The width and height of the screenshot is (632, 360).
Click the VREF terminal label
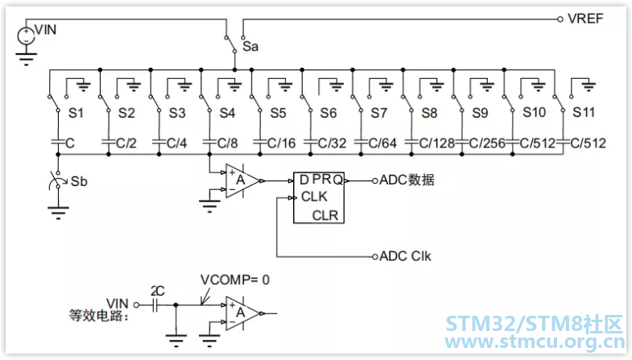[585, 19]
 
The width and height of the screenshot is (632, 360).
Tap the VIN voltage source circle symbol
[27, 36]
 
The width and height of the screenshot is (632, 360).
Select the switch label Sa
[250, 47]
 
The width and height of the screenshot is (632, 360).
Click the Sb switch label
[79, 181]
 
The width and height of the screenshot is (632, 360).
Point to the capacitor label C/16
[281, 143]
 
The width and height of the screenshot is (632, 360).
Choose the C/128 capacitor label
[436, 143]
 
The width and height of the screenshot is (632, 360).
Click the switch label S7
[379, 113]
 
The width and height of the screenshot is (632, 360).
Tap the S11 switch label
[584, 112]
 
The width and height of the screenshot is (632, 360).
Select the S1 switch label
[76, 113]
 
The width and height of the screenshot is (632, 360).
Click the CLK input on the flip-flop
[314, 197]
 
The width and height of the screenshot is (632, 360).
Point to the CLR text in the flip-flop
[325, 216]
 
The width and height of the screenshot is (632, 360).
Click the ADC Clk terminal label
[405, 256]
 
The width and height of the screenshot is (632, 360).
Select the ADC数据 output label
[407, 180]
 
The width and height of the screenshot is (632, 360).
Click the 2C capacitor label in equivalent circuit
[158, 291]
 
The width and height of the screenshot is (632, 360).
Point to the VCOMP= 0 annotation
[235, 279]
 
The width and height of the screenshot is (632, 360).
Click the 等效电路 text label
[99, 315]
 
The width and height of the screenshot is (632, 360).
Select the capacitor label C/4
[176, 143]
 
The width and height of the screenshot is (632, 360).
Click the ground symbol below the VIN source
[27, 59]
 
